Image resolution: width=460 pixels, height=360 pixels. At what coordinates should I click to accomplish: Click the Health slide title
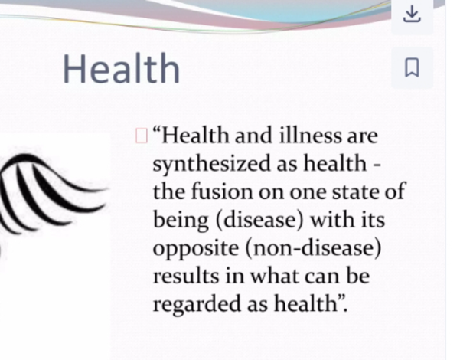pyautogui.click(x=121, y=69)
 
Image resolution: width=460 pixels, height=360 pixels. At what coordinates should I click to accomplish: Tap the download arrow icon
pyautogui.click(x=412, y=14)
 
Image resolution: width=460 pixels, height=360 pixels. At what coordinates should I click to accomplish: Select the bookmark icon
pyautogui.click(x=412, y=67)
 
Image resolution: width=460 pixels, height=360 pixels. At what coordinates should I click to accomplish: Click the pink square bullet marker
pyautogui.click(x=142, y=136)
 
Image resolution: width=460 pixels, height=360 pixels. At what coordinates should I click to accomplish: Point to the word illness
pyautogui.click(x=311, y=136)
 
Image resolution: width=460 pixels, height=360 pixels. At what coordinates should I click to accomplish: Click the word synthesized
pyautogui.click(x=211, y=165)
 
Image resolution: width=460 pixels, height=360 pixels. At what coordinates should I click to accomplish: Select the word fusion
pyautogui.click(x=222, y=192)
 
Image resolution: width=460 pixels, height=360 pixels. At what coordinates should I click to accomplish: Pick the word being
pyautogui.click(x=181, y=221)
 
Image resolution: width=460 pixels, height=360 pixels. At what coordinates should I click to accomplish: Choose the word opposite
pyautogui.click(x=196, y=249)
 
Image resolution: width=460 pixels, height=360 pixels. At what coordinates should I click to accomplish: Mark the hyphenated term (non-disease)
pyautogui.click(x=313, y=248)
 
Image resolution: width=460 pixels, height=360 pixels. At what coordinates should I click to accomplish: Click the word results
pyautogui.click(x=186, y=277)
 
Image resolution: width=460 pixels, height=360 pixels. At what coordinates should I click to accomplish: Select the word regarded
pyautogui.click(x=197, y=305)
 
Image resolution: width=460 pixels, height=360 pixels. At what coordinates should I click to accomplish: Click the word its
pyautogui.click(x=373, y=221)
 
